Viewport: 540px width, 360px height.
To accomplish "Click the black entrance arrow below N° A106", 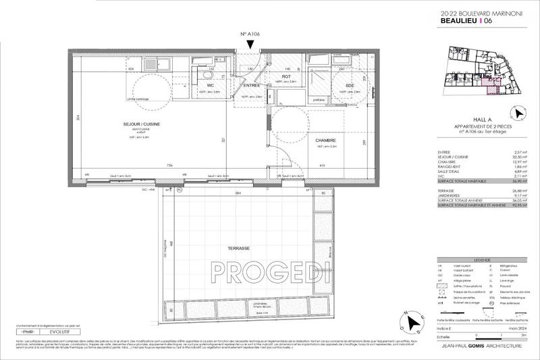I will click(251, 45).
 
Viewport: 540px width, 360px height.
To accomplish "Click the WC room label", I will click(211, 85).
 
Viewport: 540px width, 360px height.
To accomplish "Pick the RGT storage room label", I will click(286, 78).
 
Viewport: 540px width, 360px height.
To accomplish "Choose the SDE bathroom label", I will click(349, 85).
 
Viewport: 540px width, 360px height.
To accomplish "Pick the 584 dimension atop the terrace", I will click(238, 194).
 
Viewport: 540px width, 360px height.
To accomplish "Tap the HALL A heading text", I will click(483, 118).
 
